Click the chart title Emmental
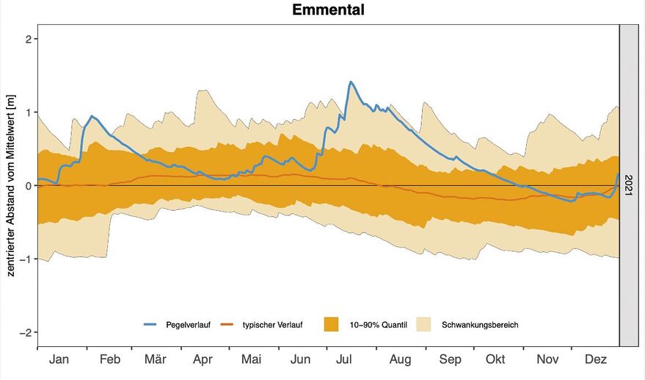pos(328,10)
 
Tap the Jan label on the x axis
pos(59,359)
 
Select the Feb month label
pos(110,359)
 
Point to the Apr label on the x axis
pos(203,359)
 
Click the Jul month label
pos(345,359)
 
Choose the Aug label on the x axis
pos(401,359)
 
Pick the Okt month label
pos(495,359)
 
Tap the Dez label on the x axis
pos(596,359)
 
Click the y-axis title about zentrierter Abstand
pos(11,186)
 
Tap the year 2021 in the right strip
pos(629,186)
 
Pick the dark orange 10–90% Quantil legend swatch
pos(331,324)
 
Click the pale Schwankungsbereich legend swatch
pos(423,324)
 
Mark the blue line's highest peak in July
pos(350,82)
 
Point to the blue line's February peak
pos(92,116)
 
